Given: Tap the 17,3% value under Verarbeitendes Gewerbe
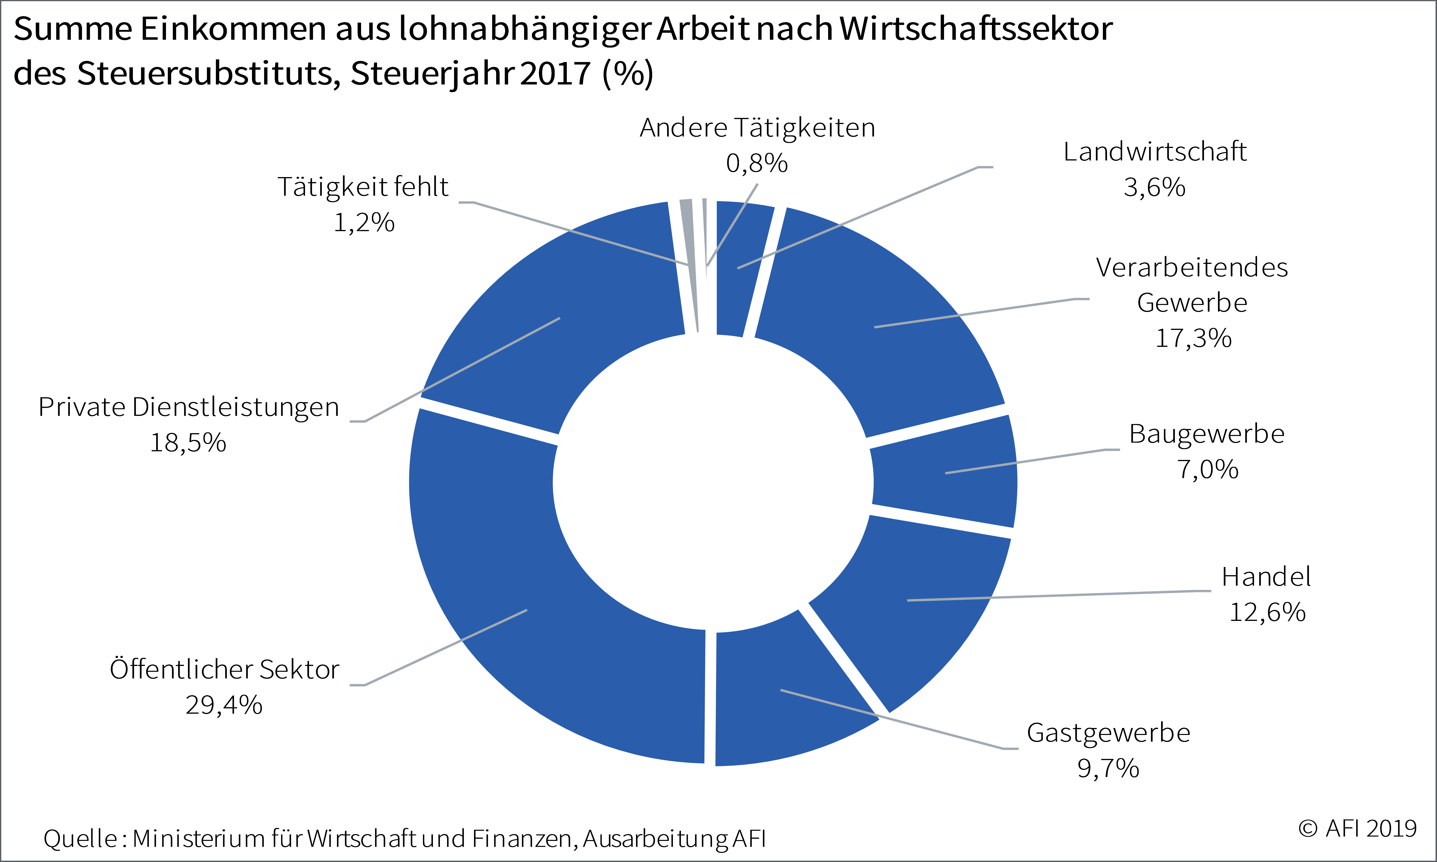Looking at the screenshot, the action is [1193, 338].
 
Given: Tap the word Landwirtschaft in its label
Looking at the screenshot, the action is [1155, 152].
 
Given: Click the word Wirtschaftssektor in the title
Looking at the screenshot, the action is [976, 28].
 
